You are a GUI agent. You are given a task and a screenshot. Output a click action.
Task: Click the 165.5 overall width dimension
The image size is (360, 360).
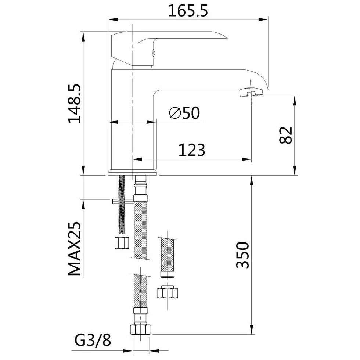point(188,11)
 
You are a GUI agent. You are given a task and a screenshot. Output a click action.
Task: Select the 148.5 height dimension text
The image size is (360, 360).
point(75,104)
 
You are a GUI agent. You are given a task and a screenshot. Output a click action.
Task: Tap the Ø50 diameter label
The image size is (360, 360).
point(184,113)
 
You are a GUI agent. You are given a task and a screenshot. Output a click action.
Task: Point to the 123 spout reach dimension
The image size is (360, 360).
point(192,150)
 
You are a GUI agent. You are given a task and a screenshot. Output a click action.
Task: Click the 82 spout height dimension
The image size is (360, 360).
point(286,135)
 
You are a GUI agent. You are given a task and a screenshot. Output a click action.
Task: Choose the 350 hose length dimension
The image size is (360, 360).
point(242,255)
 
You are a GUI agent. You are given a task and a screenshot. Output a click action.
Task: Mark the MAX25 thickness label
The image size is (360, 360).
point(75,249)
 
